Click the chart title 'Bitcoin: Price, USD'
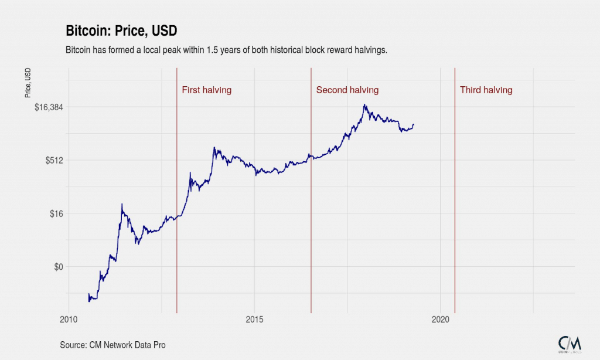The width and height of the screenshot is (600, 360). pyautogui.click(x=121, y=31)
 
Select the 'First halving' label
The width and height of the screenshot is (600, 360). pyautogui.click(x=206, y=90)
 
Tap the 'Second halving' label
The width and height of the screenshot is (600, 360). pyautogui.click(x=347, y=90)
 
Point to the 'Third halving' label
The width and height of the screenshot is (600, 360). pyautogui.click(x=486, y=90)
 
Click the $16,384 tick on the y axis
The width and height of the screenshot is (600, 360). pyautogui.click(x=49, y=107)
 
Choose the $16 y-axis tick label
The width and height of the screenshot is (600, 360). pyautogui.click(x=56, y=213)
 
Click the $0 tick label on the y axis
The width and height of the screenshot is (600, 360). pyautogui.click(x=58, y=267)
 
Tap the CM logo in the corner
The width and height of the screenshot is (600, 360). pyautogui.click(x=569, y=344)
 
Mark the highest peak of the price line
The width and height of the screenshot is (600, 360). pyautogui.click(x=364, y=105)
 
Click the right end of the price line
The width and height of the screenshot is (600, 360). pyautogui.click(x=414, y=124)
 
